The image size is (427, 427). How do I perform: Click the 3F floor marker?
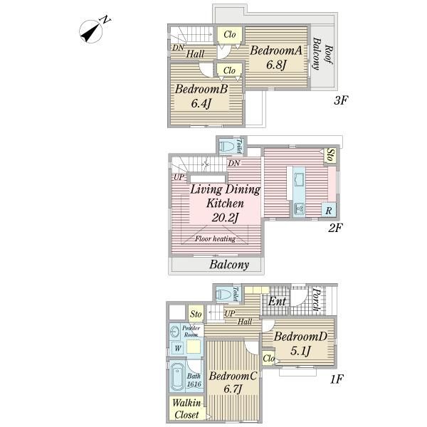(x=341, y=100)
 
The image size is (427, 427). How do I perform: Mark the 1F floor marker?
(x=337, y=379)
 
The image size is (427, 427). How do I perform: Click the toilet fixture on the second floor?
(x=227, y=147)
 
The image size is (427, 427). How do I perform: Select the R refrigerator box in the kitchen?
(x=328, y=210)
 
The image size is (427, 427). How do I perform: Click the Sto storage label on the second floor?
(x=330, y=154)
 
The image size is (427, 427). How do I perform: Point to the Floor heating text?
(x=216, y=238)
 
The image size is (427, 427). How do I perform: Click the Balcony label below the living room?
(x=229, y=265)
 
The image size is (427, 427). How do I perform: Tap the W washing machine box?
(x=176, y=347)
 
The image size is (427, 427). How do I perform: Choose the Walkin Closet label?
(x=188, y=408)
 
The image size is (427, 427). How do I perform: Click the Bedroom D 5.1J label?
(x=300, y=343)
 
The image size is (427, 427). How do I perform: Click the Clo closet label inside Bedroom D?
(x=268, y=359)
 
